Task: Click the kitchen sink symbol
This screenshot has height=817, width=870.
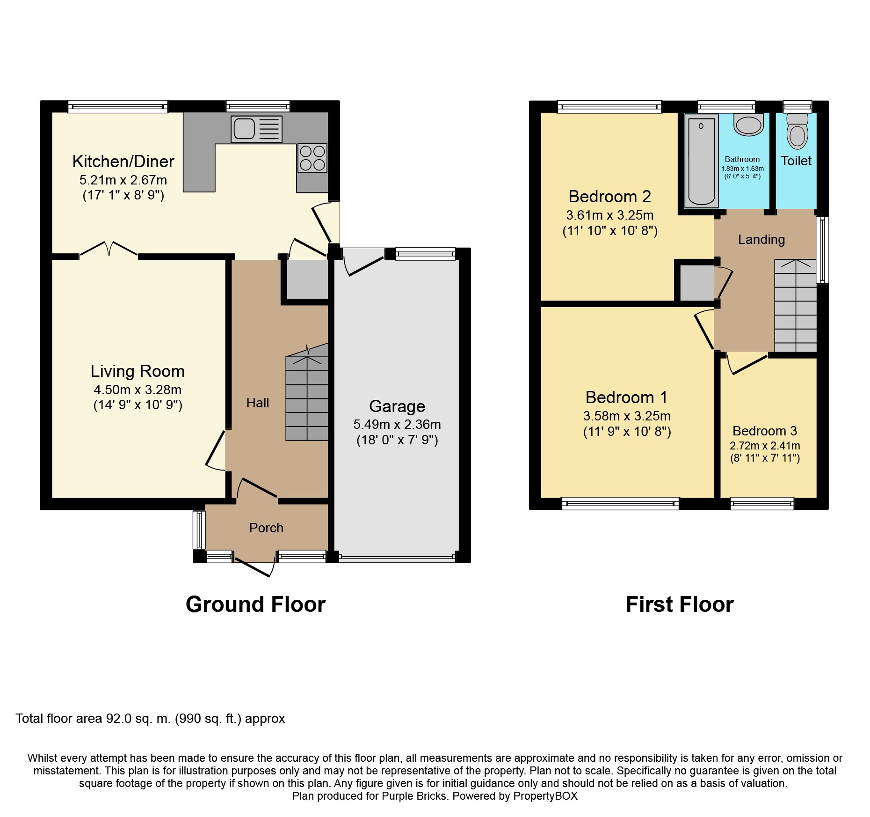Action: [256, 129]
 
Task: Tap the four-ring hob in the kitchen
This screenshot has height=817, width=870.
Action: [312, 158]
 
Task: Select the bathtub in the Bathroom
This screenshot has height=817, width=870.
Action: [701, 161]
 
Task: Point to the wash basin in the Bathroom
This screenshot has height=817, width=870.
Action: [748, 125]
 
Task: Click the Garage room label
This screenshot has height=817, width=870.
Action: [397, 406]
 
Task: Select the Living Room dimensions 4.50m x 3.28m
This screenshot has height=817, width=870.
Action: [138, 390]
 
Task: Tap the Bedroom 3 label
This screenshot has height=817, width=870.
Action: [764, 431]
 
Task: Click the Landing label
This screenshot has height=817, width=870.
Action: [761, 240]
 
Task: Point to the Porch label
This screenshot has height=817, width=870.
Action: [266, 528]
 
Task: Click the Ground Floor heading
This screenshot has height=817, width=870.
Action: [255, 604]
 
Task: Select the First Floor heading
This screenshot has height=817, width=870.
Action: [679, 604]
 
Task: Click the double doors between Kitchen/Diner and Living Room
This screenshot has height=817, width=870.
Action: [109, 249]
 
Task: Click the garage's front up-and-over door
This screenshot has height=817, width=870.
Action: [397, 557]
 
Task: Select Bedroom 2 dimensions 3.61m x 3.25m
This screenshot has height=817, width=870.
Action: [609, 215]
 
